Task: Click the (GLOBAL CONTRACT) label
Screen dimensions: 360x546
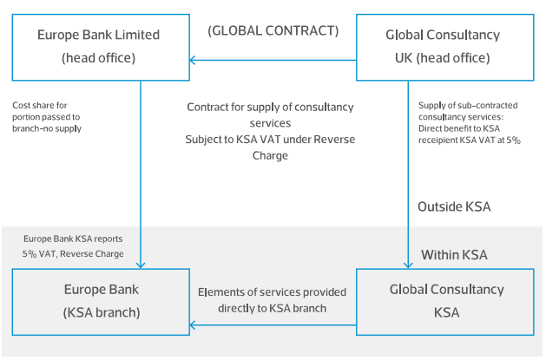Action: pos(273,31)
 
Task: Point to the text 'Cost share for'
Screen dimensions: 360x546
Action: pos(41,105)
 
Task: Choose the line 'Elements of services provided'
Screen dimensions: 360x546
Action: pos(271,292)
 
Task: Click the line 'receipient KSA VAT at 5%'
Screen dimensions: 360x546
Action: pos(470,139)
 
